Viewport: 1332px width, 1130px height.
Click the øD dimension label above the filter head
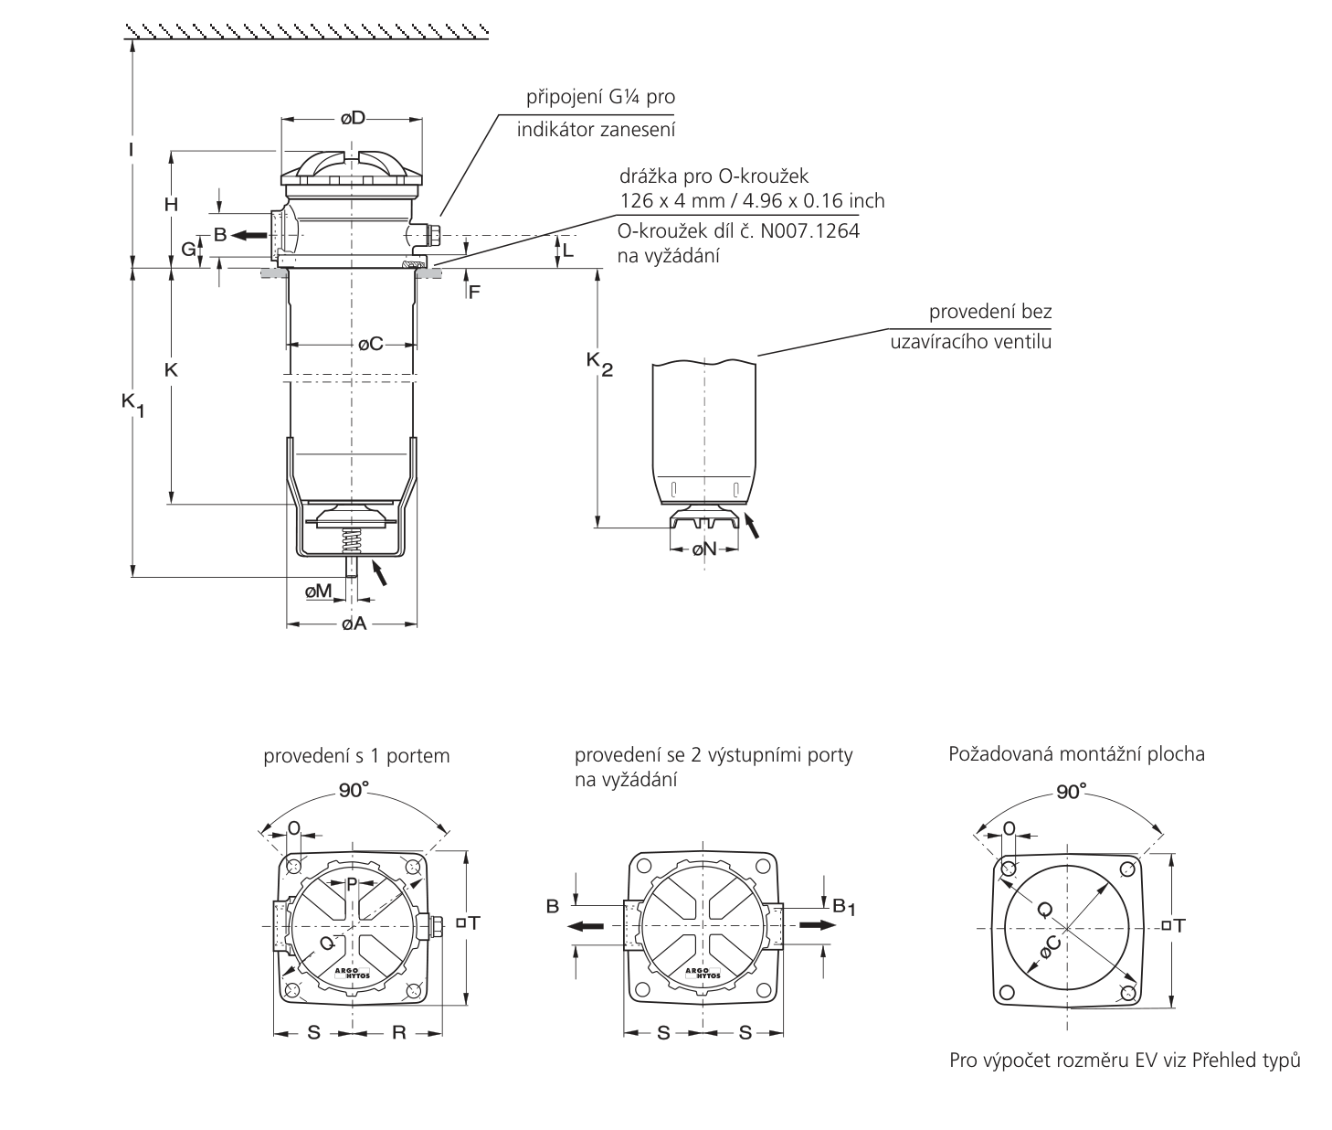click(x=353, y=118)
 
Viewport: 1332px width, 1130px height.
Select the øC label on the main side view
click(x=371, y=345)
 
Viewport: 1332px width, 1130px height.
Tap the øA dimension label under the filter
click(x=354, y=624)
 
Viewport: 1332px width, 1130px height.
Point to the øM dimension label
click(x=318, y=591)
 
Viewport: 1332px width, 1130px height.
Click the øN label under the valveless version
click(x=704, y=549)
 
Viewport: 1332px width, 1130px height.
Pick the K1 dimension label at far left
click(x=132, y=405)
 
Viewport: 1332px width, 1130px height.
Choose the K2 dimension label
click(x=599, y=365)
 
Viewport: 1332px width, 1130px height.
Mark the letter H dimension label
click(x=171, y=205)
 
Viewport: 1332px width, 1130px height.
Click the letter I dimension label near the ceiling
click(x=131, y=150)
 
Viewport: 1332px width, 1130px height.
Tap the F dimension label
click(x=474, y=293)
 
